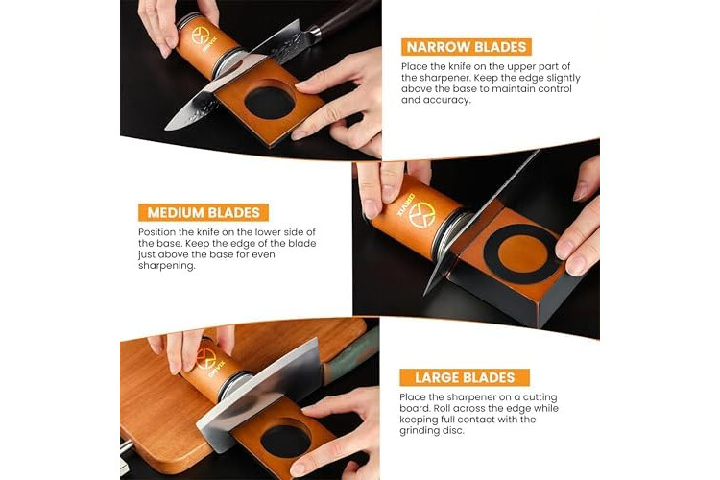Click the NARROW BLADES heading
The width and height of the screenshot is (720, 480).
pyautogui.click(x=466, y=47)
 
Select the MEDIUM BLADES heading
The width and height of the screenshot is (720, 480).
pyautogui.click(x=204, y=213)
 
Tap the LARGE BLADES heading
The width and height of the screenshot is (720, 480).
pyautogui.click(x=465, y=377)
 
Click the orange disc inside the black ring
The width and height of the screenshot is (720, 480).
pyautogui.click(x=522, y=253)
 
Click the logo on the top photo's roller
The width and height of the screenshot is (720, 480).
pyautogui.click(x=201, y=36)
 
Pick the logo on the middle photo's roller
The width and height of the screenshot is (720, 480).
pyautogui.click(x=422, y=214)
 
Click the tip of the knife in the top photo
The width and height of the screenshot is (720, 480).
pyautogui.click(x=166, y=129)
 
